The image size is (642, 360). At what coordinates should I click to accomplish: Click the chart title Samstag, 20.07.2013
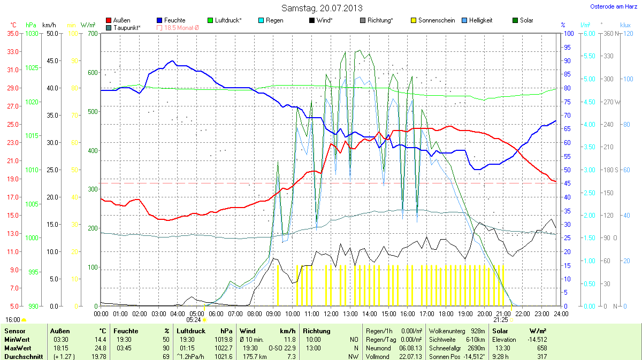(322, 8)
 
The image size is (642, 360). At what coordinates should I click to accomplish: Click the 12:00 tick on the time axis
(331, 313)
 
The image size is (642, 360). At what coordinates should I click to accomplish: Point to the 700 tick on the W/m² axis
(93, 34)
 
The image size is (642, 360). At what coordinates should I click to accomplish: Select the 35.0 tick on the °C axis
(13, 34)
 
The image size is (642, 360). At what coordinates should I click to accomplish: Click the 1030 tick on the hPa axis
(32, 34)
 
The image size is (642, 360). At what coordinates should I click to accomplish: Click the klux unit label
(625, 25)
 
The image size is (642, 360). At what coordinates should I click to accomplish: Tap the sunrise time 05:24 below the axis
(193, 320)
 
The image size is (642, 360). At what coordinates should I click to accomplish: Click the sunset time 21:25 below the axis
(501, 320)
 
